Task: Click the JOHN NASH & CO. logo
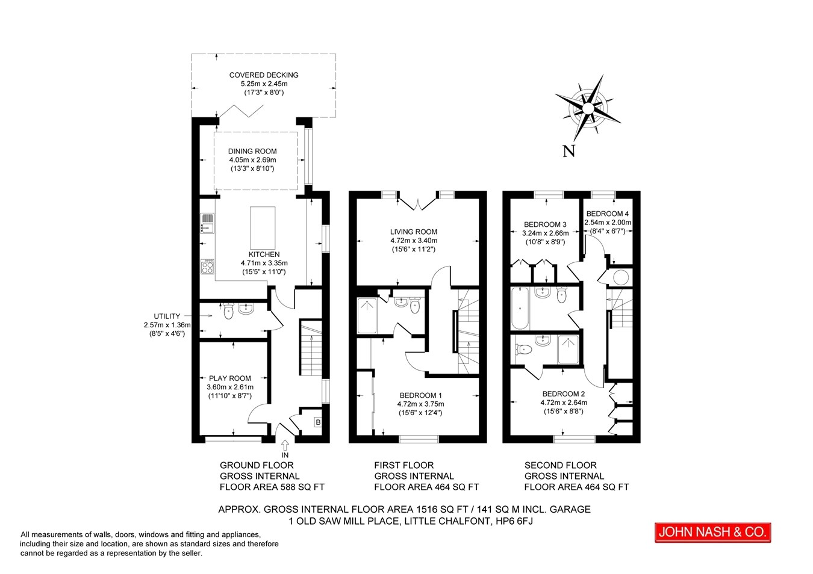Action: (712, 532)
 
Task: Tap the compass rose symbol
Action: (588, 108)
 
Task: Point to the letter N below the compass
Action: (568, 151)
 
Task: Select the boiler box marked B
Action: (318, 422)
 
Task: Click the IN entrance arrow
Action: (285, 445)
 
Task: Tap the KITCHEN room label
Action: (264, 254)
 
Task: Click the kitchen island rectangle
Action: (263, 228)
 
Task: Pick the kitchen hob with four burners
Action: (208, 266)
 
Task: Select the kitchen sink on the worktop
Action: (208, 223)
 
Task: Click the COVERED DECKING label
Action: (264, 75)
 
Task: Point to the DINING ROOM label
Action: (252, 151)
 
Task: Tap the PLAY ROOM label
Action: (229, 378)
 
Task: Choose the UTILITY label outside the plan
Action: (167, 316)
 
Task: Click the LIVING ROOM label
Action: (414, 232)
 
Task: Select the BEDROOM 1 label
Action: (421, 395)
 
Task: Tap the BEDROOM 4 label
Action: (608, 214)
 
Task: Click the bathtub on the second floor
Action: (520, 308)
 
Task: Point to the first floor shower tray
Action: (367, 315)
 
